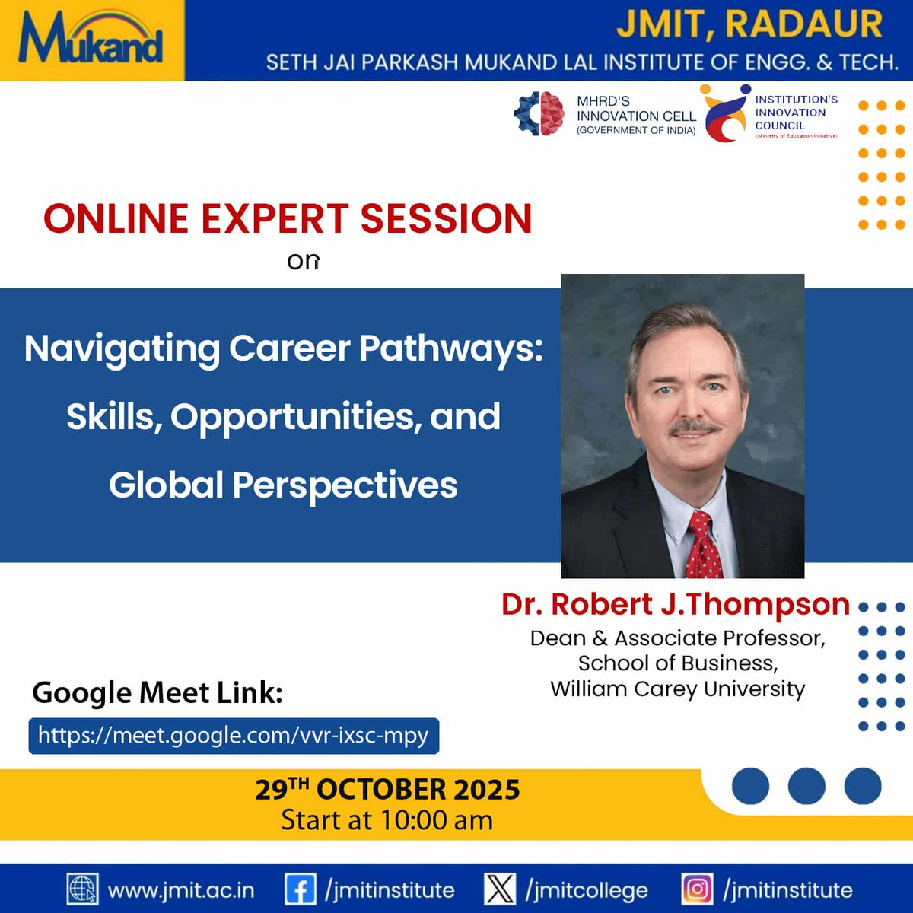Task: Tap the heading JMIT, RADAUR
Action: coord(749,24)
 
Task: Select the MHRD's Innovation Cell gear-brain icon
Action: coord(539,114)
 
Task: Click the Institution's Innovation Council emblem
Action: coord(725,114)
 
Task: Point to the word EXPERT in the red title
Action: coord(280,219)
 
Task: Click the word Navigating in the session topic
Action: coord(122,349)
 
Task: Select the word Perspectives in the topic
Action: coord(345,485)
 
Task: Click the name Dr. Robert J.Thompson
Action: coord(675,604)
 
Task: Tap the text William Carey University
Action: coord(677,689)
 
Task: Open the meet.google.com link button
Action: coord(234,736)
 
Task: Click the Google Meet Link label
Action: coord(157,693)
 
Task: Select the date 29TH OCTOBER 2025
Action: coord(387,790)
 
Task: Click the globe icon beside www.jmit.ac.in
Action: coord(82,889)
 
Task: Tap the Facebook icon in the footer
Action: coord(300,889)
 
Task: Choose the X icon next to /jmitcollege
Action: coord(500,889)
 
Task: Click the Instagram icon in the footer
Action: coord(697,889)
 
